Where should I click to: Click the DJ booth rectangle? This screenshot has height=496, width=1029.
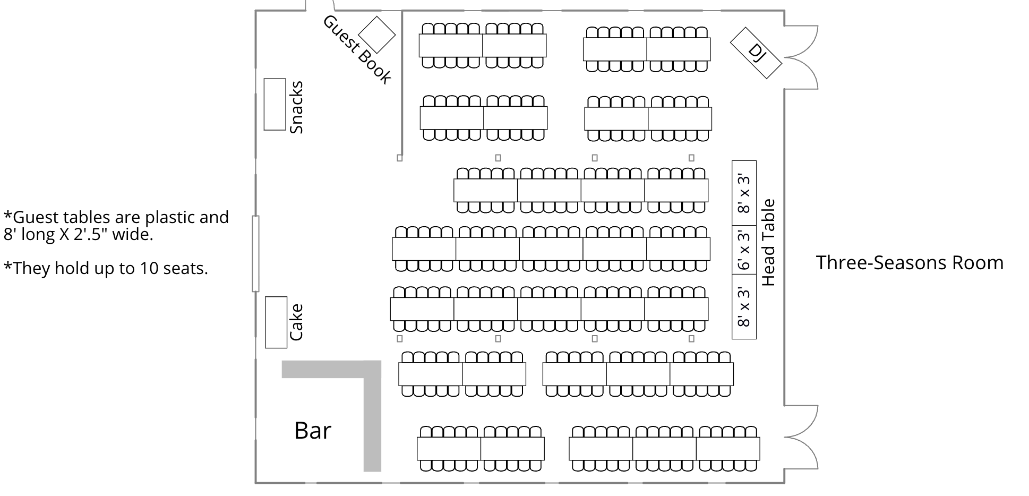coord(756,53)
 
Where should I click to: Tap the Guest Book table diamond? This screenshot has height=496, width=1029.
coord(377,35)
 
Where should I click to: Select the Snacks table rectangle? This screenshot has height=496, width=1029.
coord(275,104)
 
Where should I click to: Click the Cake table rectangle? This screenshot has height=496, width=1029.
coord(276,322)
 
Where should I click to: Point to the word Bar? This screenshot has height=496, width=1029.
coord(313,431)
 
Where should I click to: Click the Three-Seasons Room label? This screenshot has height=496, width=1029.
coord(910,263)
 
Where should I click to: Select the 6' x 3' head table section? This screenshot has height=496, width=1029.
coord(744,250)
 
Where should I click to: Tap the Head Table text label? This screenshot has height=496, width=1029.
coord(768,243)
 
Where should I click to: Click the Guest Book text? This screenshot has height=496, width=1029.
coord(357,49)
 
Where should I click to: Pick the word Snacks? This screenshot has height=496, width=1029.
coord(296,107)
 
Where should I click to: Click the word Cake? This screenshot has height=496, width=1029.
coord(296,322)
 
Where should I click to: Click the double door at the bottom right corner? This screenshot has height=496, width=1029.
coord(801,437)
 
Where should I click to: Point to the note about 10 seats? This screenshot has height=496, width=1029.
coord(106,269)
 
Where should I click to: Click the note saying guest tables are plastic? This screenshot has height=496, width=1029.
coord(116,225)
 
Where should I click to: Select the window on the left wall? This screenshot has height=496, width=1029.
coord(255,254)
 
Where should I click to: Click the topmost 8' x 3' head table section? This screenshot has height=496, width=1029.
coord(744,193)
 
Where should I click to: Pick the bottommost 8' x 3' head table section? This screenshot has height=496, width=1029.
coord(744,307)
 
